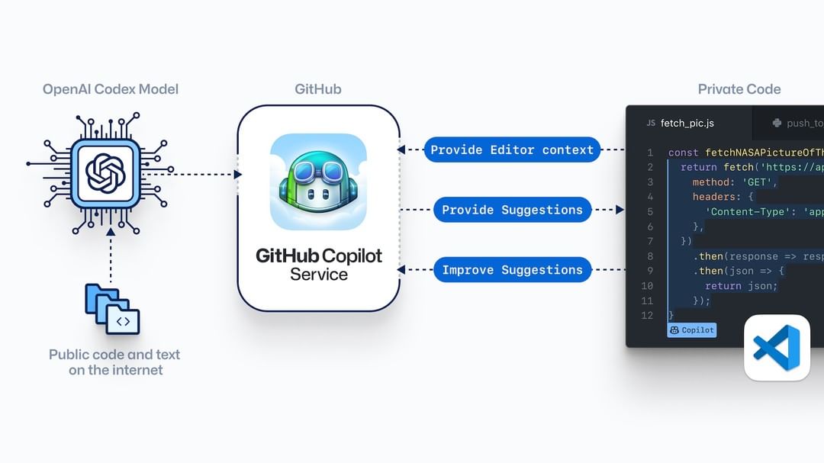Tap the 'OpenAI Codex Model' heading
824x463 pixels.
pos(111,89)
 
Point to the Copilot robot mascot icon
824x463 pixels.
pos(318,182)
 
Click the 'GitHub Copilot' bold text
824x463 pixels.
pos(318,256)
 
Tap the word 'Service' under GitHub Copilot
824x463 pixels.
pos(318,275)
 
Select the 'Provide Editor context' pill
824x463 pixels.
pos(512,150)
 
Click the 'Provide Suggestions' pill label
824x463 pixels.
pos(512,210)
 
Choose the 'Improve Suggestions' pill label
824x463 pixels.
pos(512,270)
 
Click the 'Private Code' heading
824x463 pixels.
pos(739,89)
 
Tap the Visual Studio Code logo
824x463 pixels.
pos(777,347)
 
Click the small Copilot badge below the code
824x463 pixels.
pos(692,330)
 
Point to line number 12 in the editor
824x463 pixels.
pos(647,315)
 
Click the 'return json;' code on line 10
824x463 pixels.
pos(741,286)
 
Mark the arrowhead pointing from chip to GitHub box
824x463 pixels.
pos(237,174)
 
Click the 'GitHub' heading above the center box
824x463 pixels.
pos(318,89)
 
